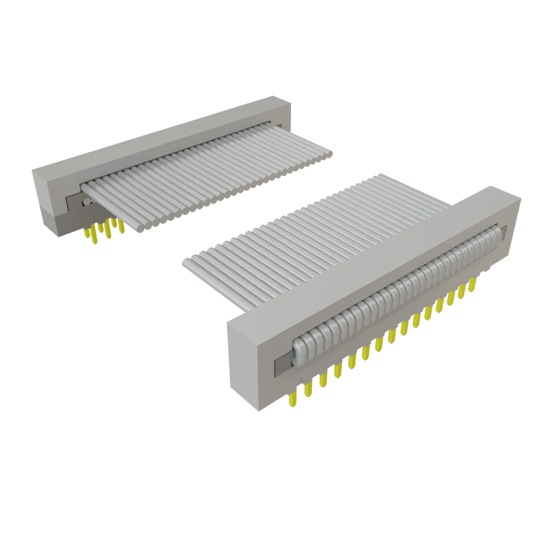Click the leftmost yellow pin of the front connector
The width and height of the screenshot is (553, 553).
292,399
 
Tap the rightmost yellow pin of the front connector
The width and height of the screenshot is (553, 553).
473,285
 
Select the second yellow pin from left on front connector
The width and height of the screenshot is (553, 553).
308,389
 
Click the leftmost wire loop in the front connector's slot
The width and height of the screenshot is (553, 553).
299,350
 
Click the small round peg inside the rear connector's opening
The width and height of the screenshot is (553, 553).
86,202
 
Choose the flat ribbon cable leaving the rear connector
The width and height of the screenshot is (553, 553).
211,173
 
